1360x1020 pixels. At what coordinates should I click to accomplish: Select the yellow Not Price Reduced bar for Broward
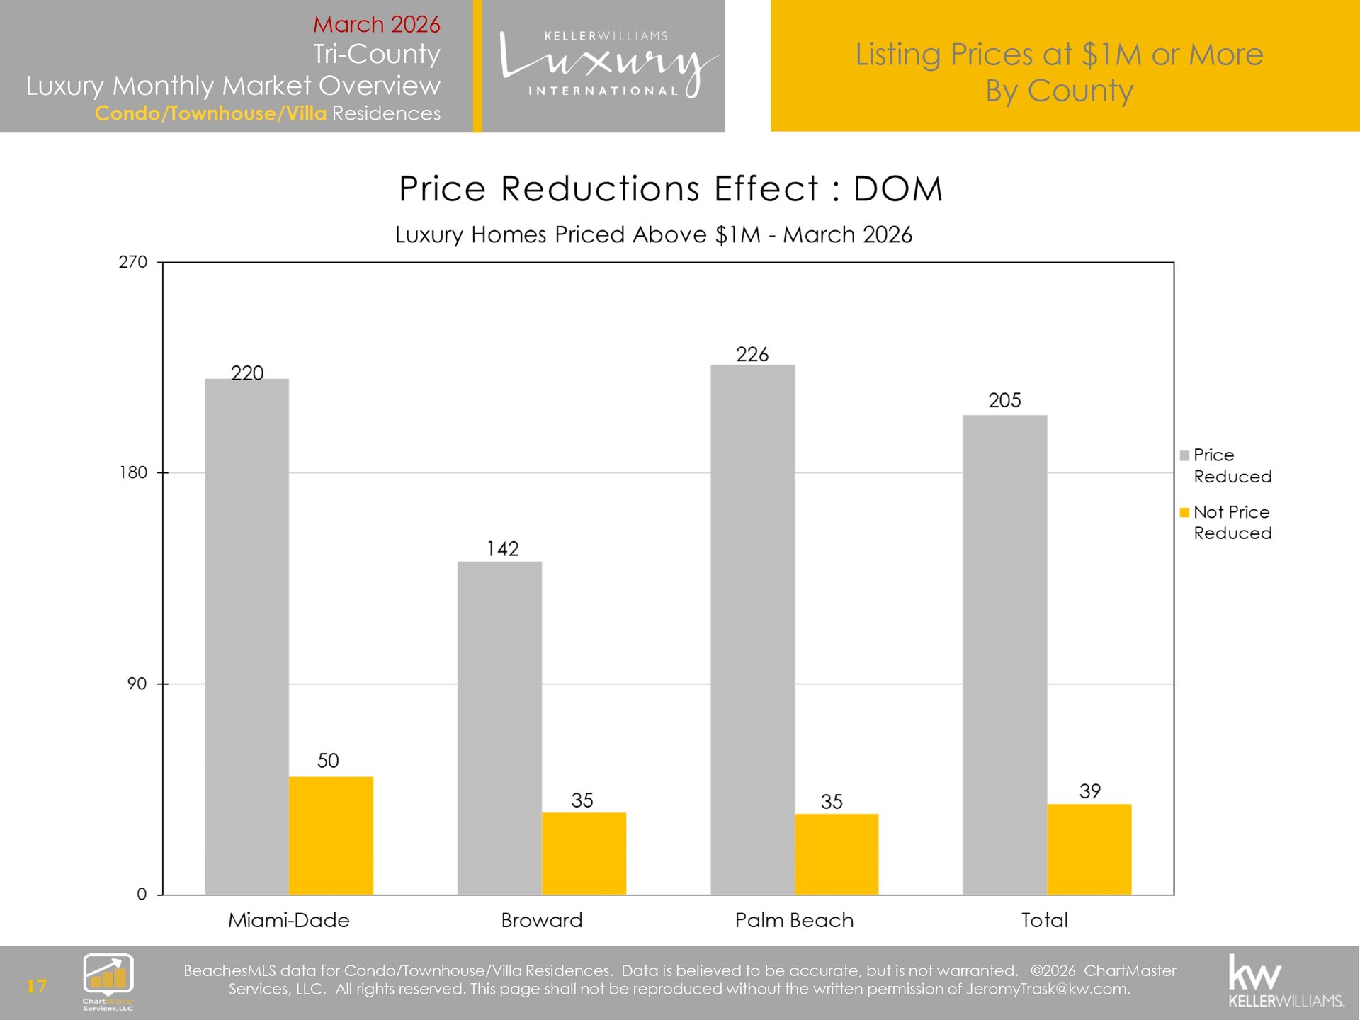584,853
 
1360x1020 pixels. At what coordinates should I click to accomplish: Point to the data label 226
752,354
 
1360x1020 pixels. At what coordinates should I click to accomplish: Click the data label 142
502,548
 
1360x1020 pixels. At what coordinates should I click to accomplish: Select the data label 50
328,760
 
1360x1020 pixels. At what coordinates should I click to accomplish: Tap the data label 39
1089,790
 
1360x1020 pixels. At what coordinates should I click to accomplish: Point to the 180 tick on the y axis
133,472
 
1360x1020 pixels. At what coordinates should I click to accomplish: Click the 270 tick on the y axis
133,262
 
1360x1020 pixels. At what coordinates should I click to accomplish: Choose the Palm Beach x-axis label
794,920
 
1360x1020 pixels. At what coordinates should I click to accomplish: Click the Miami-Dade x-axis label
289,920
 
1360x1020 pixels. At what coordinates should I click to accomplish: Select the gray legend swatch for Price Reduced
1184,455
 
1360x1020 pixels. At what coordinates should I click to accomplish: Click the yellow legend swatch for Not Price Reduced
1184,512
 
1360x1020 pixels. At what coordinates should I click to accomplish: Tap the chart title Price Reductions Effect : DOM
671,189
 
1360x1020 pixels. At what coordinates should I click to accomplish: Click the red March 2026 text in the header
376,24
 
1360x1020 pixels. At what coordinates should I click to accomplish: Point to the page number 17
36,985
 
